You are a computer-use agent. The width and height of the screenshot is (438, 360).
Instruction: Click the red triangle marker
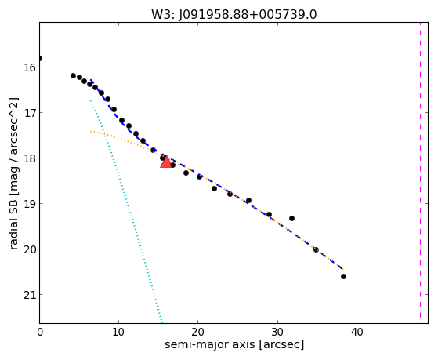[x=166, y=162]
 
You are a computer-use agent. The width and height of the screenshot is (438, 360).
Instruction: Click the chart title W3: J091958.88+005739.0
[x=234, y=14]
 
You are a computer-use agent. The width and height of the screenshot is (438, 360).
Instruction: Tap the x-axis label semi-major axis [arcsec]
[x=234, y=344]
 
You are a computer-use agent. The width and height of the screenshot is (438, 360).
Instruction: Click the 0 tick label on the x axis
[x=40, y=333]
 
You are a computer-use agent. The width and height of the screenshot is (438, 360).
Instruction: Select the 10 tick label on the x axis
[x=119, y=333]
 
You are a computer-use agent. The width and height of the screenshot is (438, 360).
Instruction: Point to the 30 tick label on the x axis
[x=277, y=333]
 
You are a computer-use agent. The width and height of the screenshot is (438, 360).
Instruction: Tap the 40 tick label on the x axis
[x=357, y=333]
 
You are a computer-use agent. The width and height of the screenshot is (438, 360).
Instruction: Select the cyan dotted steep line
[x=126, y=211]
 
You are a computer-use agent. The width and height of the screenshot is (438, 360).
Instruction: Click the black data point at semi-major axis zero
[x=40, y=59]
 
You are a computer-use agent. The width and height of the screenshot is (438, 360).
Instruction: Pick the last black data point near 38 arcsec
[x=344, y=277]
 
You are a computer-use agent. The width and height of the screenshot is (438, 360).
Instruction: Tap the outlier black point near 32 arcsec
[x=292, y=219]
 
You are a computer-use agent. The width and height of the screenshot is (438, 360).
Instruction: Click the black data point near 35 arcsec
[x=316, y=249]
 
